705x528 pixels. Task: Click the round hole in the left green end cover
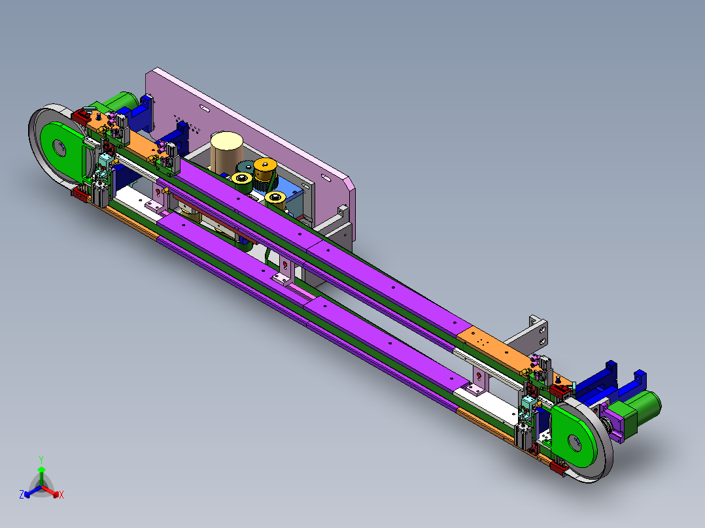point(60,148)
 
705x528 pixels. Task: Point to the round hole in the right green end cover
point(574,443)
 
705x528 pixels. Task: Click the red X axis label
point(61,495)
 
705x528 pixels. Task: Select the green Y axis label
point(41,459)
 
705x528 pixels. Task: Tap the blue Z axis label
point(21,494)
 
